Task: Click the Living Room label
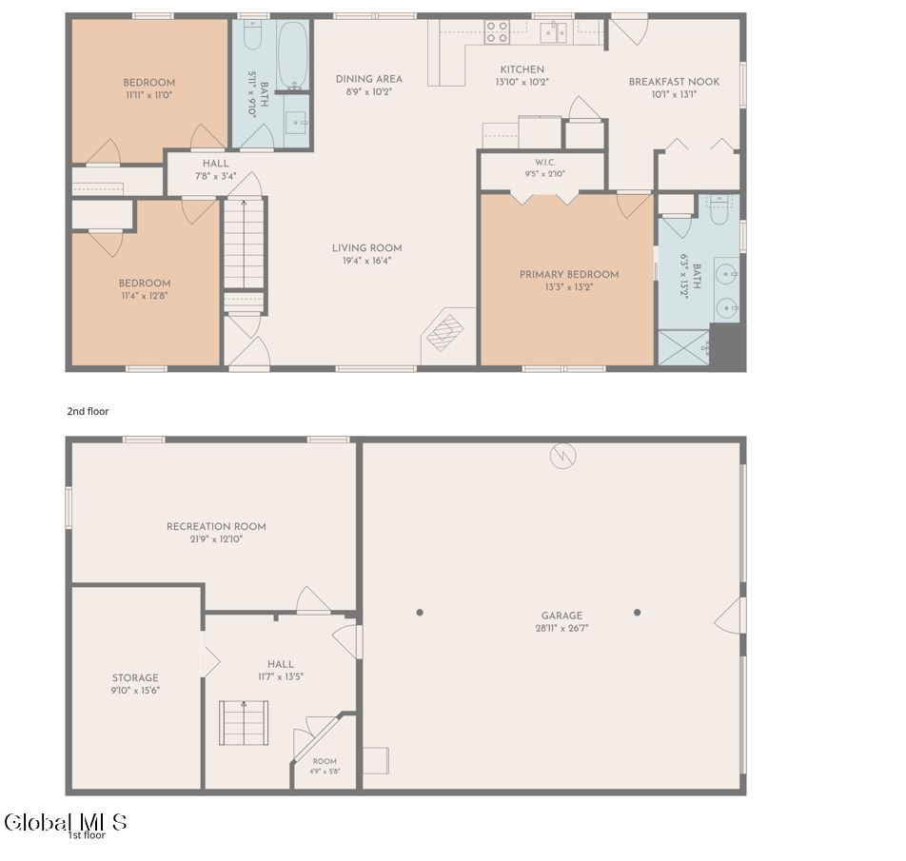[367, 247]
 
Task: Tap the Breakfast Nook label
[675, 82]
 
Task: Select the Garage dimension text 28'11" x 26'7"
[561, 628]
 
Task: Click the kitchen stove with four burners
[497, 31]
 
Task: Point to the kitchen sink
[554, 32]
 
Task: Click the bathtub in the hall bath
[292, 55]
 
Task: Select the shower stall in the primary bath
[683, 347]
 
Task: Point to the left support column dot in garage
[420, 612]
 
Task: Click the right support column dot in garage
[638, 612]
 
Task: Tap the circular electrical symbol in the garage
[562, 457]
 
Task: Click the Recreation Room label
[216, 527]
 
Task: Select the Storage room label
[135, 678]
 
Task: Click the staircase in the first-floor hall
[244, 723]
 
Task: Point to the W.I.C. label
[545, 163]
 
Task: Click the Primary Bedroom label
[569, 274]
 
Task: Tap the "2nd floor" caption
[88, 411]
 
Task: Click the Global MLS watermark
[66, 822]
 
